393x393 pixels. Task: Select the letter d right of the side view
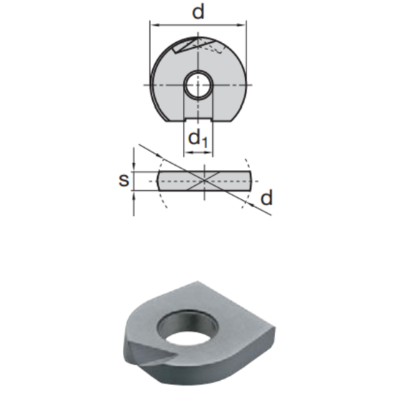click(x=267, y=199)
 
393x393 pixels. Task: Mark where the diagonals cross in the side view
click(x=205, y=180)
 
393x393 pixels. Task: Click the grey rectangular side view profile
click(x=179, y=180)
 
